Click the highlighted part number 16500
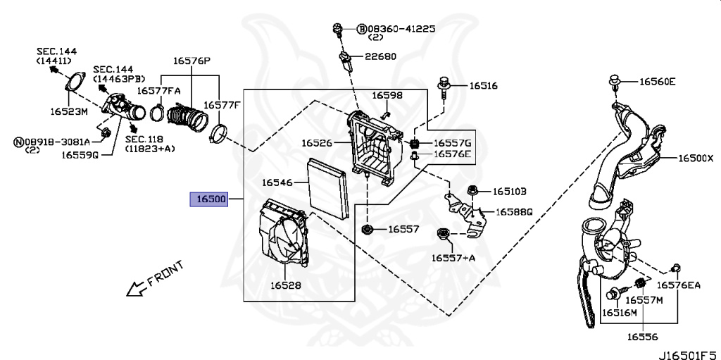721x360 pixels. pos(209,199)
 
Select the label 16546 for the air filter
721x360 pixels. pos(277,182)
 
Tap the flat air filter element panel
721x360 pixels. pos(327,188)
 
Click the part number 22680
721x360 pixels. pos(381,56)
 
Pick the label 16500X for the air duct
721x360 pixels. pos(696,159)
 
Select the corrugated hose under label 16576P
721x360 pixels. pos(185,118)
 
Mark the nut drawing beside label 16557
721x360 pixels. pos(367,229)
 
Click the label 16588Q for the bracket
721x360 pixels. pos(513,212)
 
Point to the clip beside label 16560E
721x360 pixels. pos(615,84)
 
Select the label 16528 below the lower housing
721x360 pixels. pos(286,285)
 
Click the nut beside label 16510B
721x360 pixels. pos(472,191)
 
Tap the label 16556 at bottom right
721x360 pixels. pos(642,337)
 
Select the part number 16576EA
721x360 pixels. pos(678,285)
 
